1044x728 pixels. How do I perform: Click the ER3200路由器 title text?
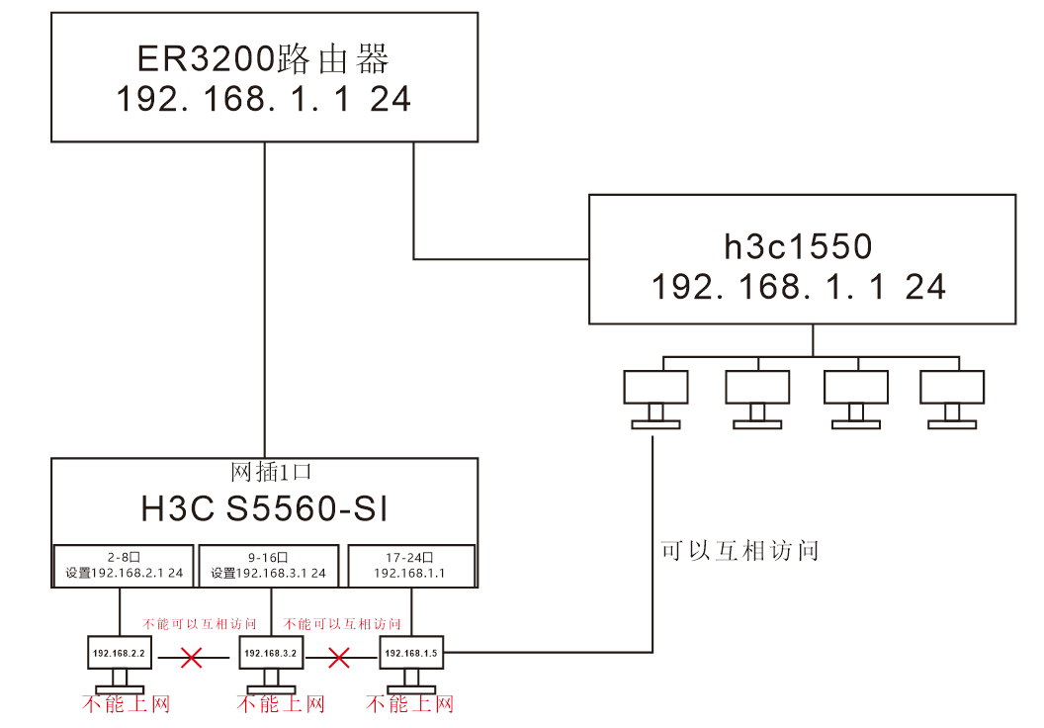click(x=263, y=59)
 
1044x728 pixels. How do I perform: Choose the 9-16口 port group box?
click(x=269, y=565)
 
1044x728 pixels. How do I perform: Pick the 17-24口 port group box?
click(x=409, y=565)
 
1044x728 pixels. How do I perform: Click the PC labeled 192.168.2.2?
click(x=119, y=654)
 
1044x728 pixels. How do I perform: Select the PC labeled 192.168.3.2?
click(x=271, y=654)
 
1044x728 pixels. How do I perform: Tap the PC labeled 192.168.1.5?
click(x=410, y=654)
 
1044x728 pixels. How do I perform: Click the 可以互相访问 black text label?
click(x=739, y=551)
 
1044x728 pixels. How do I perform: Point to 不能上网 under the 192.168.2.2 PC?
click(x=126, y=704)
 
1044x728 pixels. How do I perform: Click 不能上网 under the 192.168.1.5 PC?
click(x=409, y=704)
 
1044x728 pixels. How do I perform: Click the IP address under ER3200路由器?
click(x=263, y=100)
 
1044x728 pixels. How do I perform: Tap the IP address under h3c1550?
click(x=799, y=287)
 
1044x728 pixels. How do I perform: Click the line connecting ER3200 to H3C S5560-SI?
click(x=265, y=297)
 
